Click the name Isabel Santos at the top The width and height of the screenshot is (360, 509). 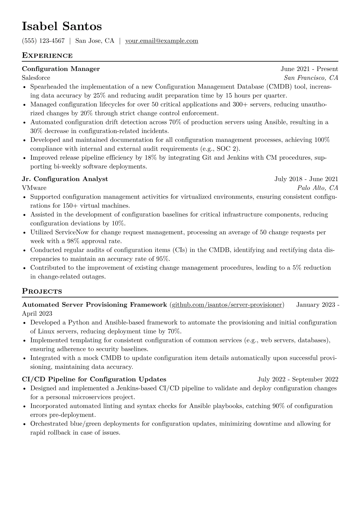click(62, 27)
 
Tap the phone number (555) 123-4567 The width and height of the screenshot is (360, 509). click(43, 41)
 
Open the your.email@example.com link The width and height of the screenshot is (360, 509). click(162, 41)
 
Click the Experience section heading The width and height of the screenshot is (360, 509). click(47, 56)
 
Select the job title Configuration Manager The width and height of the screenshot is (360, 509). click(61, 69)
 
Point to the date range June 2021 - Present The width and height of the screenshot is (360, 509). click(309, 69)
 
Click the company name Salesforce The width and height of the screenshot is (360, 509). click(36, 78)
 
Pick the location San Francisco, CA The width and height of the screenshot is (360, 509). click(311, 78)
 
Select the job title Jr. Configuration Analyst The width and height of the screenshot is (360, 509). click(65, 179)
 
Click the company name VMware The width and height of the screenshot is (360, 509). click(34, 188)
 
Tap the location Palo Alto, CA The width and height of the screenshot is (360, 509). click(318, 188)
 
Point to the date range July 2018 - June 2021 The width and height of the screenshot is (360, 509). click(306, 179)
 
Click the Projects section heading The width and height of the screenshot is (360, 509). click(42, 292)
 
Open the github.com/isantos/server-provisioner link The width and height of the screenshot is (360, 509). click(227, 305)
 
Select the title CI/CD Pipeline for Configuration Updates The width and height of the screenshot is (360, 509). click(94, 379)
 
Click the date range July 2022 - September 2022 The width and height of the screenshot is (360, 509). click(298, 379)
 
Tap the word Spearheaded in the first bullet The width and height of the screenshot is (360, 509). click(49, 87)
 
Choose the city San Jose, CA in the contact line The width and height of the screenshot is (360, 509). click(95, 41)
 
